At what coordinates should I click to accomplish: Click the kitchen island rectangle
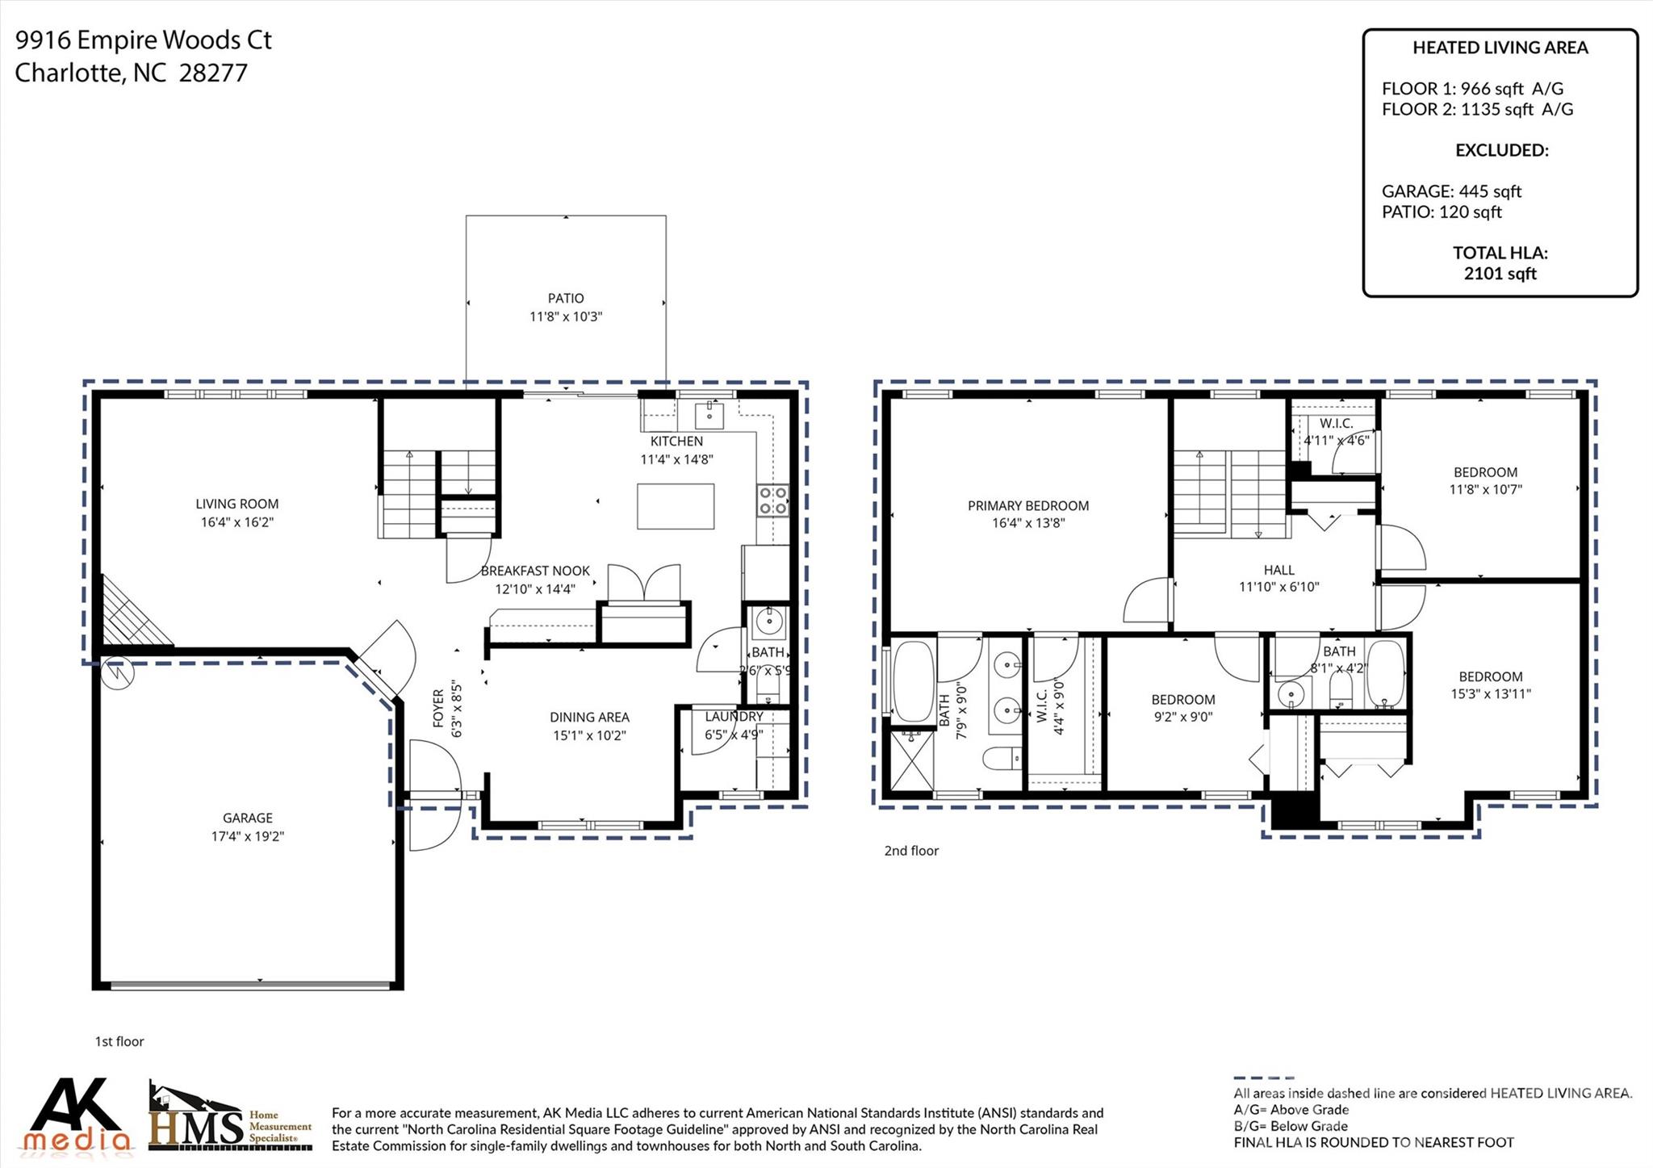tap(675, 506)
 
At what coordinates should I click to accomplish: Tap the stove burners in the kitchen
tap(772, 500)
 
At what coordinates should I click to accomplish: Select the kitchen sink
tap(710, 416)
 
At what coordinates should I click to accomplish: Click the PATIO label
tap(565, 298)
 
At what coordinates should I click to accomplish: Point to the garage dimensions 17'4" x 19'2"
tap(247, 836)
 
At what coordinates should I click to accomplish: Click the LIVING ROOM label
tap(236, 504)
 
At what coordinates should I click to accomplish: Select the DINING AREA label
tap(589, 717)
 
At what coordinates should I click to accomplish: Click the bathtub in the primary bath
tap(914, 680)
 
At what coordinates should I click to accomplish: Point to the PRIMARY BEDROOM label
tap(1027, 506)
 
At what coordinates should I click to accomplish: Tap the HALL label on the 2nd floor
tap(1278, 570)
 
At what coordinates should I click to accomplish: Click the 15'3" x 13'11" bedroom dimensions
tap(1490, 693)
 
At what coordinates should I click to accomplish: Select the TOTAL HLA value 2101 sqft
tap(1500, 274)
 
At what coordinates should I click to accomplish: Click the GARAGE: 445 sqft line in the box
tap(1450, 191)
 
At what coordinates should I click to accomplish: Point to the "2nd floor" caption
tap(911, 851)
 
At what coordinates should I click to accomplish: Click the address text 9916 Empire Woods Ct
tap(144, 40)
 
